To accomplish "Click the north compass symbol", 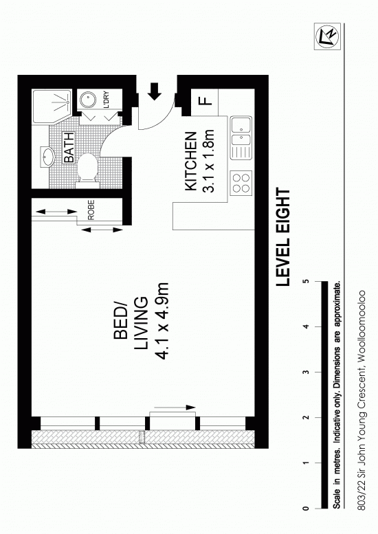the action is coord(327,37).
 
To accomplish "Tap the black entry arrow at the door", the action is coord(155,91).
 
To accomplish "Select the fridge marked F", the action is coord(205,102).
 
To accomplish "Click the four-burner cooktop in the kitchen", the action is coord(241,183).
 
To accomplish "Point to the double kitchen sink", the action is coord(241,137).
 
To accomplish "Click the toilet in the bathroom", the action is coord(87,170).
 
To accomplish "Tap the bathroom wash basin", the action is coord(47,157).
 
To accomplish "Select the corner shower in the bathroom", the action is coord(52,107).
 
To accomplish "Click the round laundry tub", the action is coord(88,100).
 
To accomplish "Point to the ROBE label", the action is coord(91,210).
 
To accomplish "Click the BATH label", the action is coord(69,148).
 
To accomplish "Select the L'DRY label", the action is coord(106,100).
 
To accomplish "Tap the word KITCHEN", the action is coord(190,161).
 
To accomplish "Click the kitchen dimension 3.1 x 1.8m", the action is coord(208,161).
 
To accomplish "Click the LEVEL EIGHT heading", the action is coord(283,237).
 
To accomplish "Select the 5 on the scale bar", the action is coord(307,281).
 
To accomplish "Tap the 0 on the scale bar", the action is coord(306,509).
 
